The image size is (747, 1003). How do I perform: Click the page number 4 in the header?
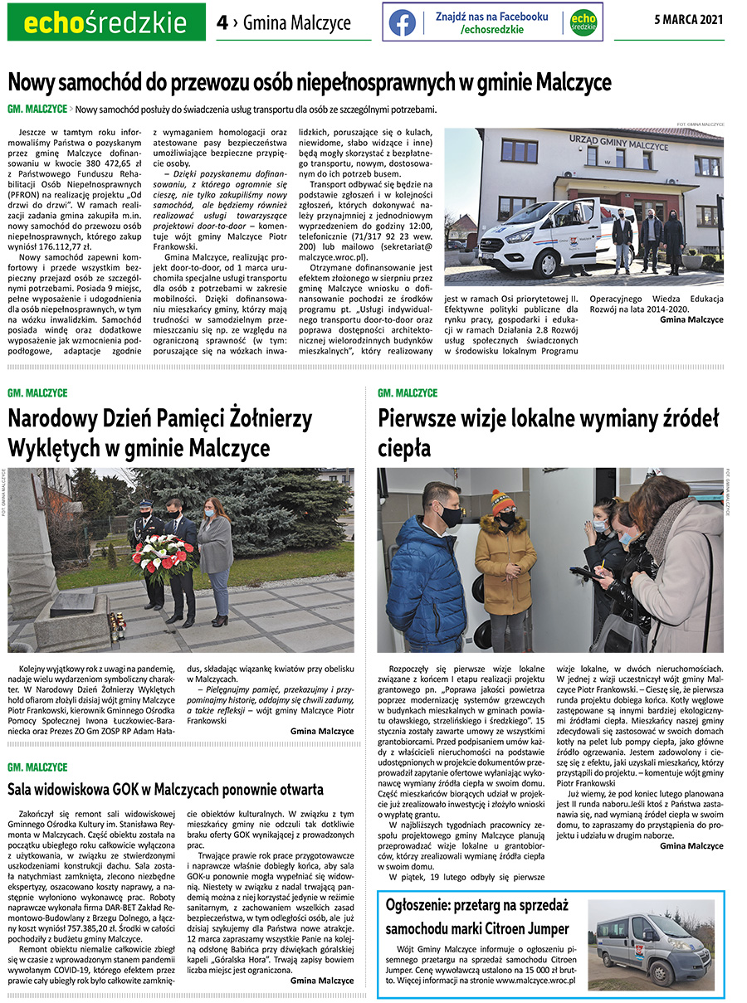click(x=222, y=22)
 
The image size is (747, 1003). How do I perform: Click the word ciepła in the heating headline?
click(x=404, y=448)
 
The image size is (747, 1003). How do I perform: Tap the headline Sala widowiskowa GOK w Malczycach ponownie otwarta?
click(x=165, y=789)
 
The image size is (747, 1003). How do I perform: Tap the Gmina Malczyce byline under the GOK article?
click(x=322, y=980)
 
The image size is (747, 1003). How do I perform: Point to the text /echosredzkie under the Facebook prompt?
click(x=492, y=29)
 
